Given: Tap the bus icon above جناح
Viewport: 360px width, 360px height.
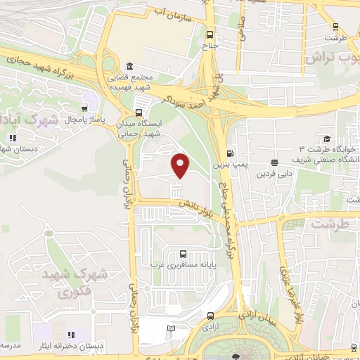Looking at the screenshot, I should tap(210, 33).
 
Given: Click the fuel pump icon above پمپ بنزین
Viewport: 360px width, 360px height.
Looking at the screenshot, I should tap(230, 154).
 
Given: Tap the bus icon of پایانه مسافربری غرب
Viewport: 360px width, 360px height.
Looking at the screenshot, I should tap(183, 254).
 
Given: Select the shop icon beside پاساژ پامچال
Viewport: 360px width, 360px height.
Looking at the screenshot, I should tap(85, 109).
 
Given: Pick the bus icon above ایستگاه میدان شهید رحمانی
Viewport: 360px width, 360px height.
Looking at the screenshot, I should tap(139, 112).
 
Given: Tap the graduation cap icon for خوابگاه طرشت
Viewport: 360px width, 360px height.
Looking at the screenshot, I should tap(326, 139).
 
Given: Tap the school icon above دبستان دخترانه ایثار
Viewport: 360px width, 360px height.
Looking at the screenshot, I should tap(70, 335).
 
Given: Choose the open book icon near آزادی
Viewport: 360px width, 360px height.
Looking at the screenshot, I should tap(172, 328).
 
